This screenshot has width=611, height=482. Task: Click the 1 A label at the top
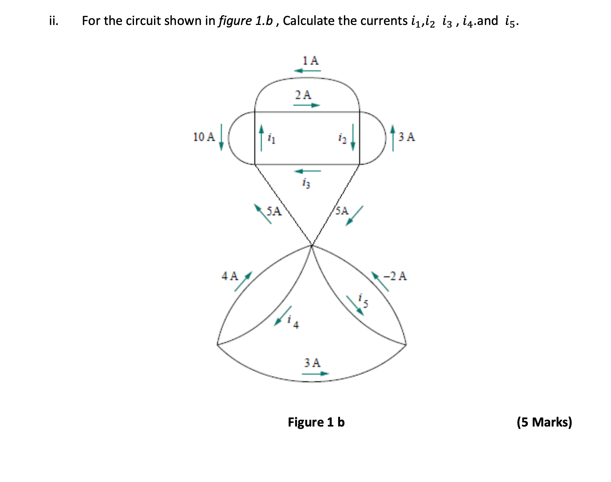point(310,60)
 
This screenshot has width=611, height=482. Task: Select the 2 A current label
point(303,95)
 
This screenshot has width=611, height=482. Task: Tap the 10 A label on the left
point(204,137)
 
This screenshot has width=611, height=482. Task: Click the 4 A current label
point(230,276)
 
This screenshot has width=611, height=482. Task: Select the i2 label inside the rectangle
point(342,139)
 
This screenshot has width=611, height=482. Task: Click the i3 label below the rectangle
point(306,183)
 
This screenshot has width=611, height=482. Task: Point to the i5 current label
point(363,301)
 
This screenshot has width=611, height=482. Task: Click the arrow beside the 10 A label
point(221,137)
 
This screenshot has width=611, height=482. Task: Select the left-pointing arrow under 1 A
point(307,71)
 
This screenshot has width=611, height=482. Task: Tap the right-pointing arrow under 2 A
point(306,105)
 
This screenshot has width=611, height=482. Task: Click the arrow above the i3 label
point(307,171)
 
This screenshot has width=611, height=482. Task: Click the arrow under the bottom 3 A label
point(315,374)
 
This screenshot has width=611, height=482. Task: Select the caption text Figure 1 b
point(316,422)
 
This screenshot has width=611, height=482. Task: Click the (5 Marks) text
point(544,422)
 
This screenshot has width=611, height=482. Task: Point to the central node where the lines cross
point(312,245)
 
